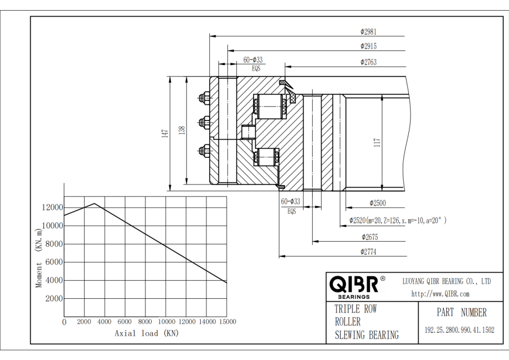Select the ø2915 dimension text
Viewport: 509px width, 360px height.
[x=368, y=46]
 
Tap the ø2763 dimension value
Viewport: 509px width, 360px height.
[x=368, y=62]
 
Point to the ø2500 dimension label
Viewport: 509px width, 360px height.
[x=378, y=203]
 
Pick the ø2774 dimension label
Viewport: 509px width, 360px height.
[x=368, y=252]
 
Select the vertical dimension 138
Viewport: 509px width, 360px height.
[x=182, y=131]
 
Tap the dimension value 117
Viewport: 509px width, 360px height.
[x=377, y=143]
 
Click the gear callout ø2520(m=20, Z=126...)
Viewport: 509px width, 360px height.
[x=398, y=220]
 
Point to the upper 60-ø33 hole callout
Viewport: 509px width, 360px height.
[x=253, y=59]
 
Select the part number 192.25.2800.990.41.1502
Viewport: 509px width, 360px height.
[x=459, y=330]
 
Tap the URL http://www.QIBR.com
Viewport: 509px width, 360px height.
[x=440, y=294]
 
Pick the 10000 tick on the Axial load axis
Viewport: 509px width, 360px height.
[x=166, y=322]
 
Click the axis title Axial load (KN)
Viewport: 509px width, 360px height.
[x=146, y=333]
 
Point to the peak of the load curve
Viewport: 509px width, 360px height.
[x=94, y=204]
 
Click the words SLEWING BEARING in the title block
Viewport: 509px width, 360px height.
[x=366, y=335]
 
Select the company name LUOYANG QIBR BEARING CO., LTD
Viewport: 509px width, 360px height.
[x=446, y=281]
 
